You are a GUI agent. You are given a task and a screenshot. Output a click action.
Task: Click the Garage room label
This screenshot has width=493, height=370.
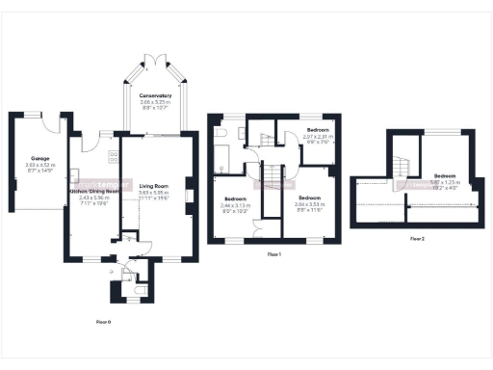pyautogui.click(x=39, y=158)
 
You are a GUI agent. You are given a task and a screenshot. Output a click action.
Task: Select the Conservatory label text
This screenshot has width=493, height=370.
pyautogui.click(x=154, y=95)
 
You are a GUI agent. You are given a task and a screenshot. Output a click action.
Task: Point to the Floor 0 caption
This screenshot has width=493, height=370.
pyautogui.click(x=105, y=321)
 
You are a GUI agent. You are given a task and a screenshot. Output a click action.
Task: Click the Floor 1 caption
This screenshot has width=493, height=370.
pyautogui.click(x=273, y=253)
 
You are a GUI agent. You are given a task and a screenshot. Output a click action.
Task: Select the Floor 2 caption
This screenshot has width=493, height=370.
pyautogui.click(x=416, y=237)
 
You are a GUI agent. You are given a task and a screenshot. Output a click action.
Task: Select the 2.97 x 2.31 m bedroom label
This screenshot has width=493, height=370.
pyautogui.click(x=318, y=129)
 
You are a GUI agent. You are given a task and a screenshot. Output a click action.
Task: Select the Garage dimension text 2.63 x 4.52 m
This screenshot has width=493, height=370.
pyautogui.click(x=39, y=165)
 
